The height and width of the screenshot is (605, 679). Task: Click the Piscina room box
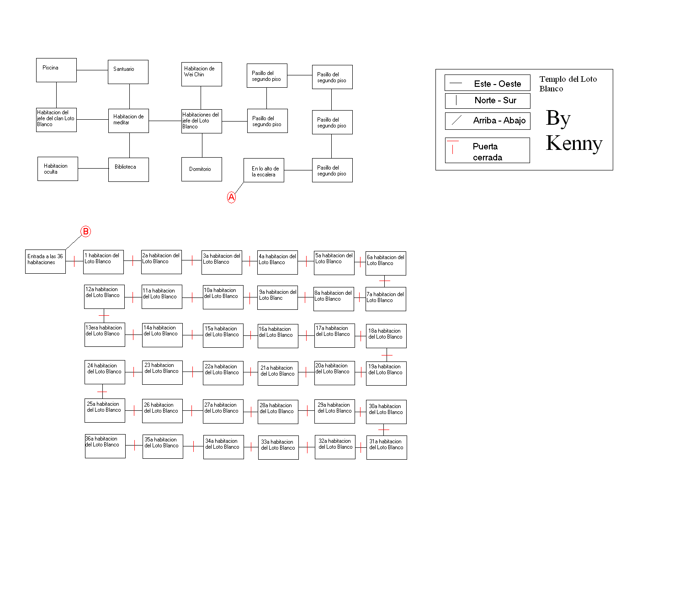[56, 70]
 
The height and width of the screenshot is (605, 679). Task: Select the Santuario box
[128, 72]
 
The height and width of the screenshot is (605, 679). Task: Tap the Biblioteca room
[129, 170]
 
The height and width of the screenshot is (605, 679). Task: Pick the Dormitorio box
[202, 169]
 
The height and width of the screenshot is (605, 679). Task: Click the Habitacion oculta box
[58, 169]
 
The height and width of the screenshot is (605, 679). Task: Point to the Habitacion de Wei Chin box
[202, 74]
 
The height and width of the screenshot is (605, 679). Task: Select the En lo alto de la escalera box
[264, 170]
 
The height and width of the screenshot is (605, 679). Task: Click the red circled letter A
[231, 197]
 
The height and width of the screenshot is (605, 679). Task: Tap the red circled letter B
[86, 231]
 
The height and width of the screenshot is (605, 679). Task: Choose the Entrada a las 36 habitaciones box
[46, 261]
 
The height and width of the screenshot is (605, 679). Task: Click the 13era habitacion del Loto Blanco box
[105, 334]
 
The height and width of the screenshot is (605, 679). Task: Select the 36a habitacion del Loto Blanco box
[105, 446]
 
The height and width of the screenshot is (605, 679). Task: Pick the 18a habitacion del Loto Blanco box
[386, 336]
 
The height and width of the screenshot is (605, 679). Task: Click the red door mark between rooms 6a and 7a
[384, 280]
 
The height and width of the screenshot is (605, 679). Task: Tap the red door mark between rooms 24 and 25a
[102, 391]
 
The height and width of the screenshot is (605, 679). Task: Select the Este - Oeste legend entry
[487, 83]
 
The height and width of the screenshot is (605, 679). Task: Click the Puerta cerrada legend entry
[487, 150]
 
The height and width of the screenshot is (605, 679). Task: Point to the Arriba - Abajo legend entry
[488, 120]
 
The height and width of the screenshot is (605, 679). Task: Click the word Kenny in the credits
[574, 143]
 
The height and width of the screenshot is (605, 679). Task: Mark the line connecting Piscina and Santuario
[92, 70]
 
